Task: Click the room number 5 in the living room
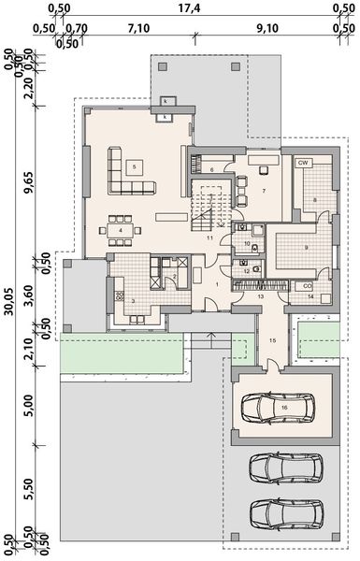click(x=135, y=166)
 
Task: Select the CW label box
click(x=304, y=163)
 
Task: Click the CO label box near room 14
click(x=307, y=285)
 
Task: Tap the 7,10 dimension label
click(x=138, y=27)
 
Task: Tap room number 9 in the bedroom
click(x=307, y=247)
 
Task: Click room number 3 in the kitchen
click(x=133, y=300)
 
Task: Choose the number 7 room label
click(x=264, y=190)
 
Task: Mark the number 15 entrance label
click(x=272, y=340)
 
